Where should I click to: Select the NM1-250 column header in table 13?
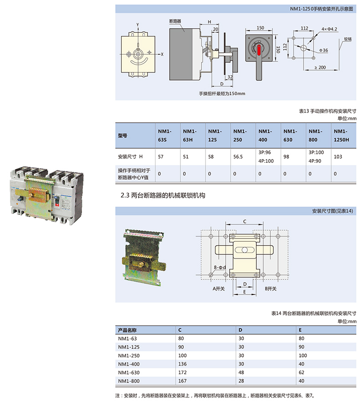pyautogui.click(x=237, y=135)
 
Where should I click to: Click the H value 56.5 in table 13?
pyautogui.click(x=237, y=156)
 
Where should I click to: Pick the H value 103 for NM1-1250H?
pyautogui.click(x=338, y=156)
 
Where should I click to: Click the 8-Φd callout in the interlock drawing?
pyautogui.click(x=220, y=267)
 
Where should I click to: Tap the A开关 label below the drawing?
pyautogui.click(x=219, y=289)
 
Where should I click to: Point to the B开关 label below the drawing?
pyautogui.click(x=271, y=289)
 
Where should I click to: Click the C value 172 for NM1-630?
pyautogui.click(x=182, y=373)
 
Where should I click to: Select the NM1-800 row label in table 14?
pyautogui.click(x=128, y=381)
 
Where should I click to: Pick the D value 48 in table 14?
pyautogui.click(x=242, y=373)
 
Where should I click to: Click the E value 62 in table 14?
pyautogui.click(x=302, y=373)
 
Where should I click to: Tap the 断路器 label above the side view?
pyautogui.click(x=175, y=21)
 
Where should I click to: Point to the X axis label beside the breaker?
pyautogui.click(x=162, y=54)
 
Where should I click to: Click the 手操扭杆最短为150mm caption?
pyautogui.click(x=222, y=93)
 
